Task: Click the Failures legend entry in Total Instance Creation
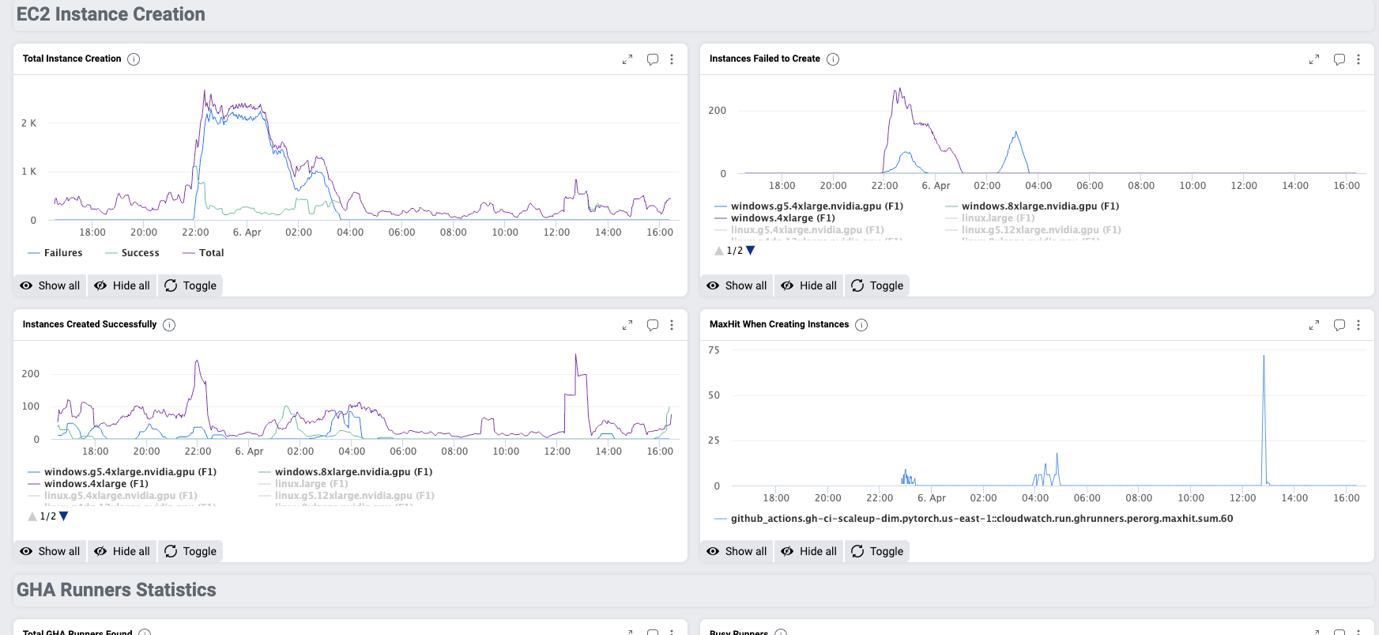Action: [x=62, y=253]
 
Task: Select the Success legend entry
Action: [x=140, y=253]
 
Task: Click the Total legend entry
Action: [x=211, y=253]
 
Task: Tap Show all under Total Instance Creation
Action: [x=51, y=285]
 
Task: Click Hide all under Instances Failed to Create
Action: [x=809, y=285]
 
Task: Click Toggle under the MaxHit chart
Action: [x=877, y=551]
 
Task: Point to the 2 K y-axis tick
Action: [x=28, y=123]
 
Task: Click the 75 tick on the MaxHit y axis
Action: [x=714, y=350]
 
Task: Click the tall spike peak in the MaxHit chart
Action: [x=1264, y=357]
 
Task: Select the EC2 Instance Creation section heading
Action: [x=111, y=14]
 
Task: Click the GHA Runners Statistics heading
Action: [x=116, y=590]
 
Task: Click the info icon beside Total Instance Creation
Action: [x=134, y=59]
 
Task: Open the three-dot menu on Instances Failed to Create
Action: [x=1358, y=59]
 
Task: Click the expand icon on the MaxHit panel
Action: [x=1314, y=325]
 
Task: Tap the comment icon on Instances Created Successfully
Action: [x=653, y=325]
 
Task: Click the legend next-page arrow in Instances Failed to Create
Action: [x=751, y=251]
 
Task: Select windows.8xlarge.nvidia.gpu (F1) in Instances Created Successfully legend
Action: [x=353, y=472]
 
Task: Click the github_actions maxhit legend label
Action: [x=982, y=519]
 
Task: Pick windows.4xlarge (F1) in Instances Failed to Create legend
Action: [x=782, y=218]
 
